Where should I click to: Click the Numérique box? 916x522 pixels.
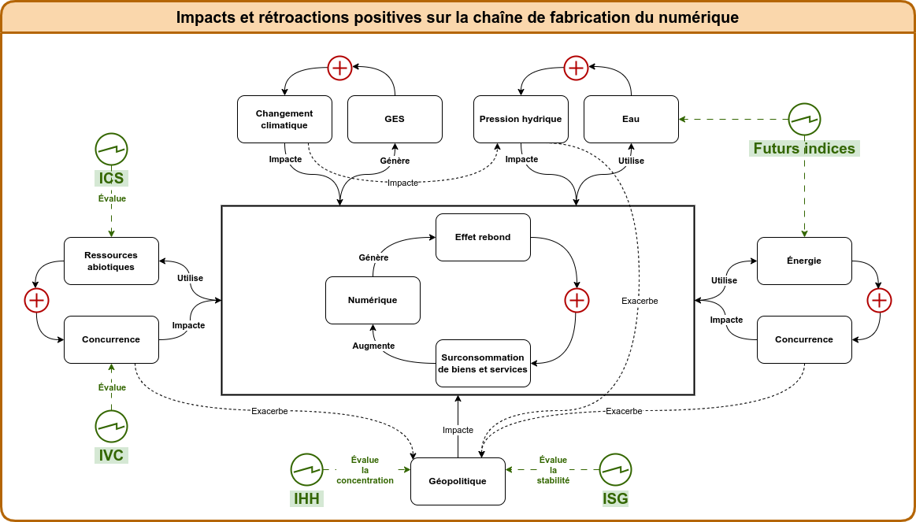pyautogui.click(x=373, y=300)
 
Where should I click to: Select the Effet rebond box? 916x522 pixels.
pyautogui.click(x=483, y=237)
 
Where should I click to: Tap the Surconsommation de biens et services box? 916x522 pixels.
pyautogui.click(x=483, y=363)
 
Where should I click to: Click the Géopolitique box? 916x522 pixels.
pyautogui.click(x=458, y=481)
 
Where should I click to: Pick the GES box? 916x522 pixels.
pyautogui.click(x=395, y=119)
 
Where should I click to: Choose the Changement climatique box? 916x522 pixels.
pyautogui.click(x=284, y=119)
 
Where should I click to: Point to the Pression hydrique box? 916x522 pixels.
pyautogui.click(x=521, y=119)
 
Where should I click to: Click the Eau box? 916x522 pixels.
pyautogui.click(x=631, y=119)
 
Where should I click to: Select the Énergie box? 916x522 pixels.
pyautogui.click(x=804, y=261)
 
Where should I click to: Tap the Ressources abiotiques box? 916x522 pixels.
pyautogui.click(x=111, y=261)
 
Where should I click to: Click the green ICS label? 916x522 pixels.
pyautogui.click(x=111, y=178)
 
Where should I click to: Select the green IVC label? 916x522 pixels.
pyautogui.click(x=111, y=455)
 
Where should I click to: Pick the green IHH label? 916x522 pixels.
pyautogui.click(x=306, y=498)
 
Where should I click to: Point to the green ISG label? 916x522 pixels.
pyautogui.click(x=615, y=498)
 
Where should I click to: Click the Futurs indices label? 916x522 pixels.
pyautogui.click(x=804, y=148)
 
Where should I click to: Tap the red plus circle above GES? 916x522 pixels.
pyautogui.click(x=339, y=68)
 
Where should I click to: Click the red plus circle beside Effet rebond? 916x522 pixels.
pyautogui.click(x=577, y=300)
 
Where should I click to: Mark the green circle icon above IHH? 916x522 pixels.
pyautogui.click(x=306, y=469)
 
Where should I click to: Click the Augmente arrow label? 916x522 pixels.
pyautogui.click(x=373, y=346)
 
